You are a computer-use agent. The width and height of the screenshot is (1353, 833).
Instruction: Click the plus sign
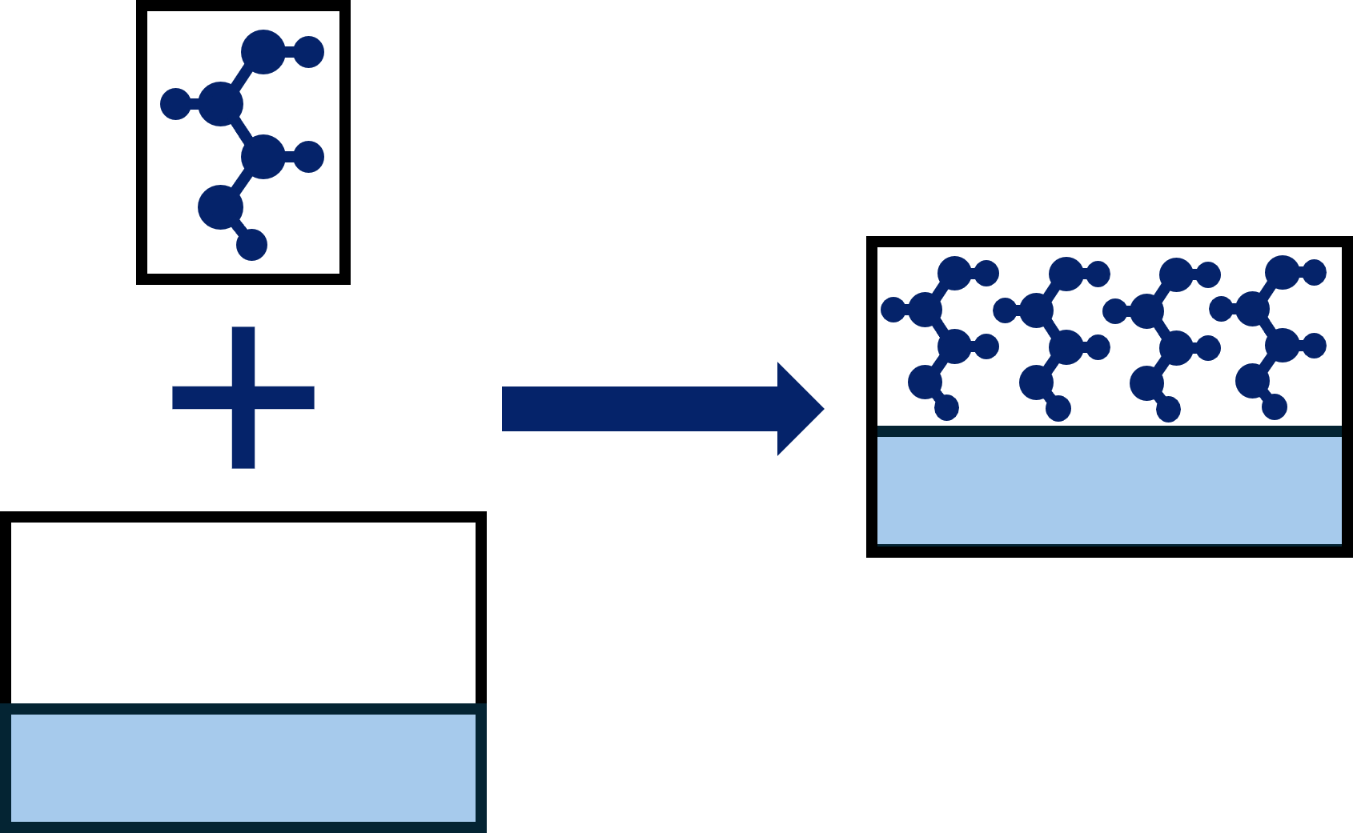(x=243, y=398)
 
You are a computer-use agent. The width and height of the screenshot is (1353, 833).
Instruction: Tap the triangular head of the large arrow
(x=797, y=409)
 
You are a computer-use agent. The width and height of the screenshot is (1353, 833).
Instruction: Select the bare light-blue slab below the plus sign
(x=243, y=768)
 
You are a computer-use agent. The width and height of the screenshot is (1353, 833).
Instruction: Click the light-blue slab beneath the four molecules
(x=1109, y=491)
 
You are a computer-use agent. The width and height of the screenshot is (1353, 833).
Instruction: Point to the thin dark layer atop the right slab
(x=1109, y=431)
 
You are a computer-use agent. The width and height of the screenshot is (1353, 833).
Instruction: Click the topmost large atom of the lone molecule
(x=263, y=52)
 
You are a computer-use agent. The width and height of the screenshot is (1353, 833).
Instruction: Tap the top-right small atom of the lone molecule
(x=309, y=52)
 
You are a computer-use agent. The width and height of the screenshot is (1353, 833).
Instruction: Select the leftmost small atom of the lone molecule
(x=175, y=104)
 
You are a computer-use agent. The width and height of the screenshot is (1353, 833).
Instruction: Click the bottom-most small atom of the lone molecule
(x=251, y=245)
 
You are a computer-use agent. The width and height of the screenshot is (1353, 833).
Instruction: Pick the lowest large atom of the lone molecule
(x=220, y=207)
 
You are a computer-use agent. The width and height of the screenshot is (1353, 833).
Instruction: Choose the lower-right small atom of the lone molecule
(x=309, y=157)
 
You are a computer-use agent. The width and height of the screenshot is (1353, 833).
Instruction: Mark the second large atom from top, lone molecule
(x=220, y=104)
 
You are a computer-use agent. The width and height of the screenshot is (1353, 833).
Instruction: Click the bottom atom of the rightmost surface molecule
(x=1275, y=407)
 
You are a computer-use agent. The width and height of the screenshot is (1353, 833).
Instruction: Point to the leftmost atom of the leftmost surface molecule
(x=893, y=310)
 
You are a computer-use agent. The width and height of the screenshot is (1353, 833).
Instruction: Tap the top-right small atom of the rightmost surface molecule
(x=1314, y=273)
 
